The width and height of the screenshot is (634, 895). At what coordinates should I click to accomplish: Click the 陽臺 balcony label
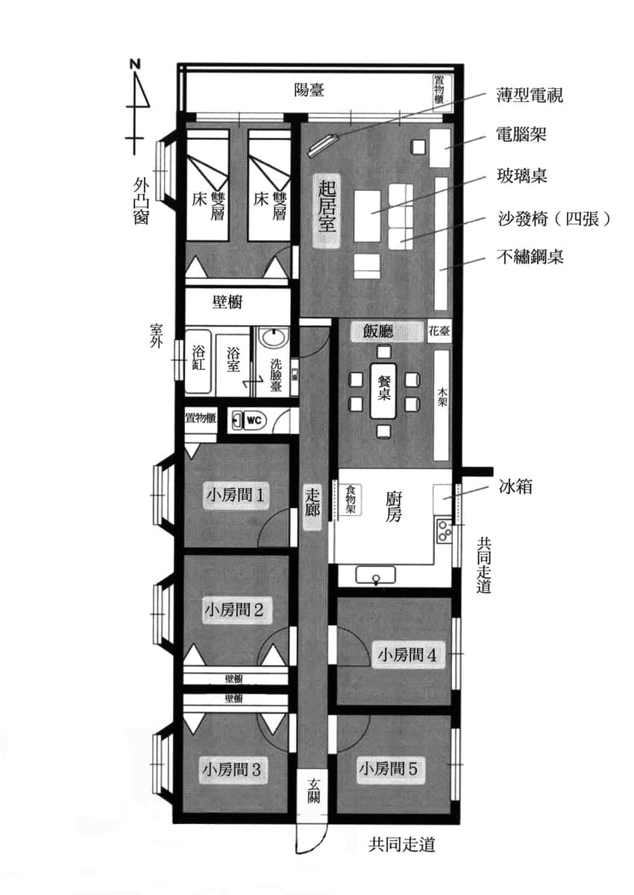[x=309, y=90]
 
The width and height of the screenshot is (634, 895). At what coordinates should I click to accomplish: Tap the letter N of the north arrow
[x=136, y=64]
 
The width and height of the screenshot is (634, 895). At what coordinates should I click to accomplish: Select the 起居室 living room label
[x=327, y=211]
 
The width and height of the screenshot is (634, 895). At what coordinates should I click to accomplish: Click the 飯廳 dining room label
[x=378, y=331]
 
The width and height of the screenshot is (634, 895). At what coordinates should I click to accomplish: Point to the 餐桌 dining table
[x=383, y=390]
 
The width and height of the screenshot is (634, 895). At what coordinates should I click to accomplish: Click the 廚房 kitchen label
[x=394, y=507]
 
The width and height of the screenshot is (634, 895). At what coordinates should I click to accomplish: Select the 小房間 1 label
[x=235, y=496]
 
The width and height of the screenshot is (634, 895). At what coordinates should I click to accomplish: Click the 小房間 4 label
[x=407, y=655]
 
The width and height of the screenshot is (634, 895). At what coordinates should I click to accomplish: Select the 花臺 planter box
[x=439, y=331]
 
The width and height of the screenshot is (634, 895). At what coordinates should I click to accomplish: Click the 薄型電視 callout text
[x=530, y=95]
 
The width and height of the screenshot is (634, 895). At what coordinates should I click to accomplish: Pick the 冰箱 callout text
[x=515, y=487]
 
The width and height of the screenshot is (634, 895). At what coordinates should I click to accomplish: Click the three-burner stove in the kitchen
[x=444, y=530]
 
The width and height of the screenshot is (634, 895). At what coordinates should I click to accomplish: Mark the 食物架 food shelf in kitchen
[x=351, y=499]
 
